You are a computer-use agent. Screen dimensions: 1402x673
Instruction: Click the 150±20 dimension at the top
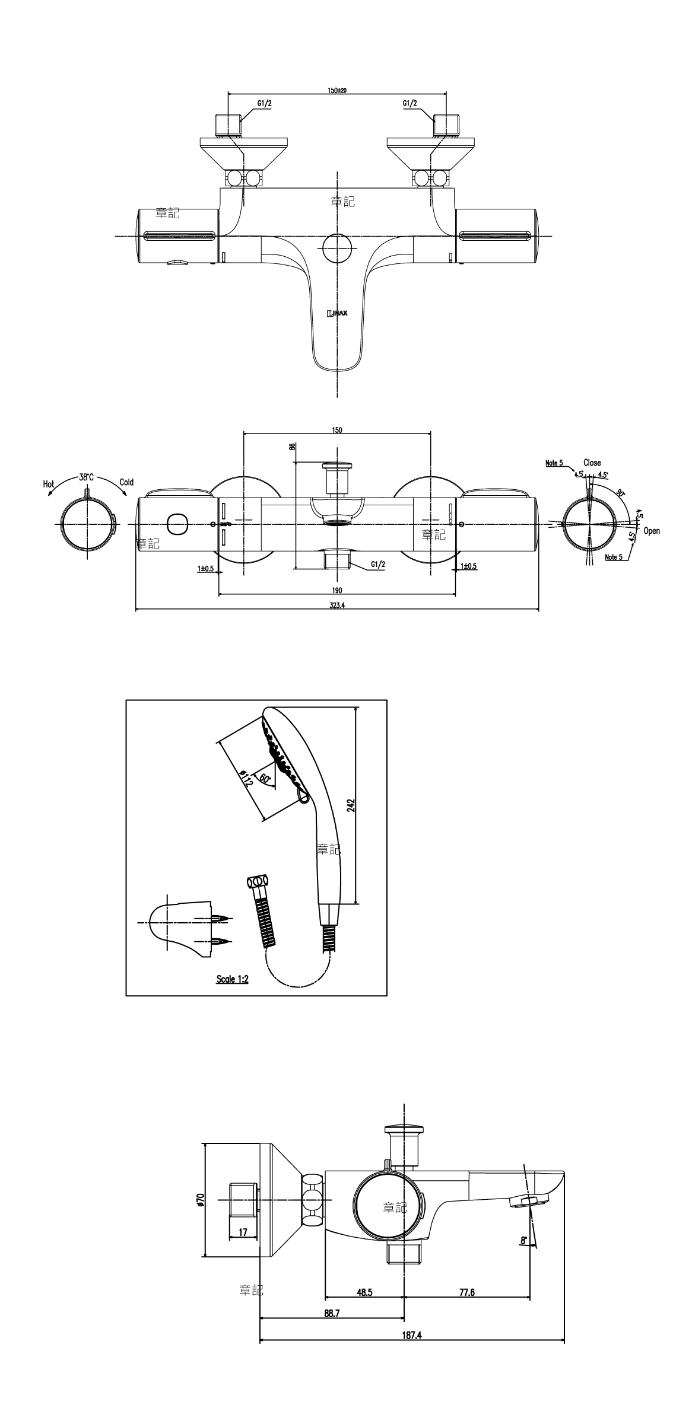[x=337, y=90]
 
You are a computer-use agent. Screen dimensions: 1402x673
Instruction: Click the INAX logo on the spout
[x=337, y=313]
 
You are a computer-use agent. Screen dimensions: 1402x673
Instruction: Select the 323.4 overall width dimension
[x=337, y=606]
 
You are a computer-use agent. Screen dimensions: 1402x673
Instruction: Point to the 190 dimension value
[x=337, y=591]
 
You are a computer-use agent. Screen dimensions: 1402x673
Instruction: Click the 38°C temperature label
[x=86, y=477]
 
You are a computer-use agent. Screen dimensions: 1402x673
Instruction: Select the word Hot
[x=49, y=485]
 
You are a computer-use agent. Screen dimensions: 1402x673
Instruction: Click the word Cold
[x=126, y=482]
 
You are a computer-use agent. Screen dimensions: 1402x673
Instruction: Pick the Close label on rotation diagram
[x=592, y=463]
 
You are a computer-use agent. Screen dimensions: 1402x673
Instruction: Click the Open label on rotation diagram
[x=651, y=531]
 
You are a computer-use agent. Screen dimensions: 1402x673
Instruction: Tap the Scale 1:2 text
[x=233, y=979]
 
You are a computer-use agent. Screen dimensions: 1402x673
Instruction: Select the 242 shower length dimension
[x=351, y=805]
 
